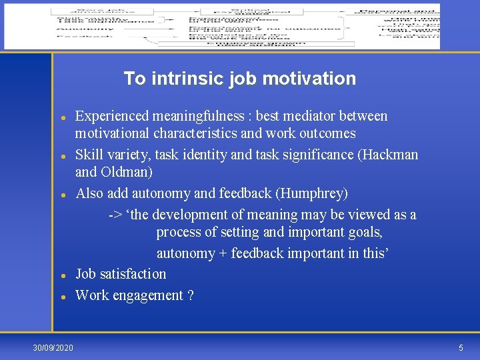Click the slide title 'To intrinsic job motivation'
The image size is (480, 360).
[x=239, y=79]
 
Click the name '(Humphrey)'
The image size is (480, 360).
[x=313, y=194]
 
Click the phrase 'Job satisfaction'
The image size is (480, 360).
[x=121, y=274]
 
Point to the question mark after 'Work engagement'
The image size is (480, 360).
[x=191, y=295]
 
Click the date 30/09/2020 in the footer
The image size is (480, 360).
[x=54, y=348]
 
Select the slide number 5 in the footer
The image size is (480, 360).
[x=461, y=348]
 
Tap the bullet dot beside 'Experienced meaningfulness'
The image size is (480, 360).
[x=62, y=117]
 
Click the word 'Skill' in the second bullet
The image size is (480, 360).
[x=89, y=155]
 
